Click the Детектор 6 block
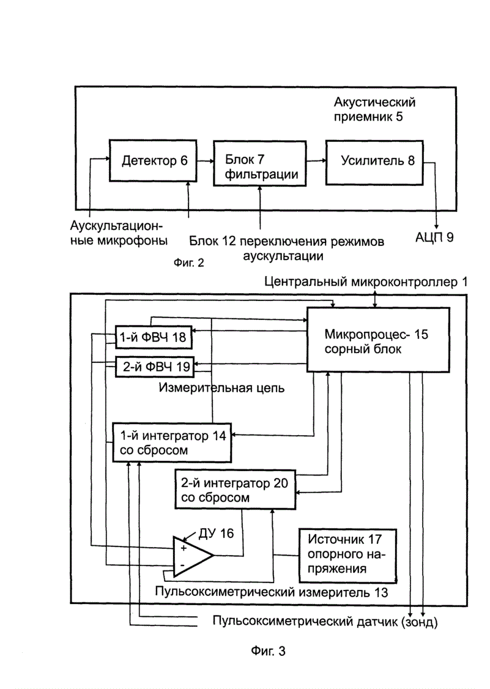[153, 161]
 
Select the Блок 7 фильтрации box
[260, 163]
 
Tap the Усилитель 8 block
[374, 163]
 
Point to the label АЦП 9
[434, 237]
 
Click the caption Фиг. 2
[189, 263]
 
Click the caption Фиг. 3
[268, 651]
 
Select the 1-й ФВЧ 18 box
[154, 337]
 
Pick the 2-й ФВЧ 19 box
[155, 366]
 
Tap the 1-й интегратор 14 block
[173, 442]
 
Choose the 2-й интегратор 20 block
[235, 490]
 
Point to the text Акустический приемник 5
[374, 109]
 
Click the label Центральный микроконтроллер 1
[366, 281]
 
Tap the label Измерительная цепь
[221, 388]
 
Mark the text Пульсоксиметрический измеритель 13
[272, 592]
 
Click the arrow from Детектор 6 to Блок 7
[205, 162]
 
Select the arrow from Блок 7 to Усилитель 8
[316, 161]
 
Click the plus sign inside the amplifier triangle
[184, 548]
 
